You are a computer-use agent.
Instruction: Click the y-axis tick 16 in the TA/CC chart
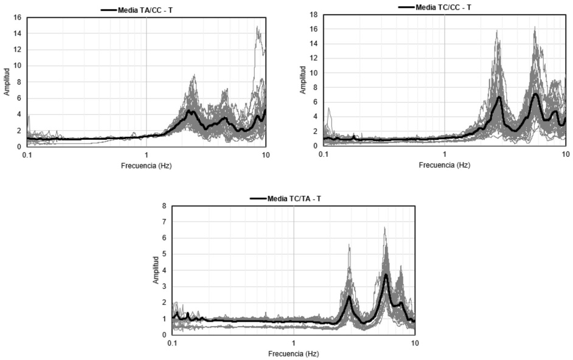coord(18,17)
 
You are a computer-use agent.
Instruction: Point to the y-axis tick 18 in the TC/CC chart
coord(315,14)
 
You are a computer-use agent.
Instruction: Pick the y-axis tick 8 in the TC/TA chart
coord(164,206)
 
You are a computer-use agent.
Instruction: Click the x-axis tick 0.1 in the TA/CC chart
coord(27,155)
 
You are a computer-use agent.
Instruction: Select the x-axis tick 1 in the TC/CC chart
coord(445,154)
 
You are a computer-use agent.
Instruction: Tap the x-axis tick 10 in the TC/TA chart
coord(414,344)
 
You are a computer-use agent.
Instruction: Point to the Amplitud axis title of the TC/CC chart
coord(303,80)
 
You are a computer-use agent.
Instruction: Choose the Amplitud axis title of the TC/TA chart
coord(156,270)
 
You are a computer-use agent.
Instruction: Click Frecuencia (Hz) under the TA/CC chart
coord(146,165)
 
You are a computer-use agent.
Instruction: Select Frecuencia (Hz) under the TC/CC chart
coord(444,164)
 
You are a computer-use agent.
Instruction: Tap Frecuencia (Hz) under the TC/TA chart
coord(293,353)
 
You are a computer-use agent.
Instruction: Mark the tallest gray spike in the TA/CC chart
coord(257,27)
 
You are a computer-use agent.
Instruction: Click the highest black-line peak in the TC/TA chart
coord(386,275)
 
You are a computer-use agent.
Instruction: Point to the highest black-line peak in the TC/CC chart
coord(535,94)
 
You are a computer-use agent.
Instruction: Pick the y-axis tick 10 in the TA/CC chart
coord(18,66)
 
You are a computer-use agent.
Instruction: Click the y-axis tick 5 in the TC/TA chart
coord(164,254)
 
